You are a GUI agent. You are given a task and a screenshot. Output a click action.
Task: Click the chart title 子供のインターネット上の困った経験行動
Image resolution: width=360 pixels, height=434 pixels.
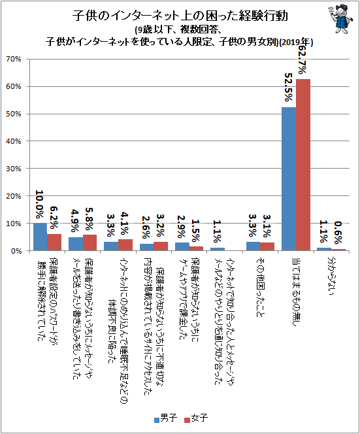pyautogui.click(x=180, y=16)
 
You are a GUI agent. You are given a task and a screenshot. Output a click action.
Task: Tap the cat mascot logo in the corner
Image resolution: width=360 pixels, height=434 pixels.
pyautogui.click(x=340, y=19)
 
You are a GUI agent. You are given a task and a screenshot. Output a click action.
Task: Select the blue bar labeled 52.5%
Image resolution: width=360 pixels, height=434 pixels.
pyautogui.click(x=289, y=179)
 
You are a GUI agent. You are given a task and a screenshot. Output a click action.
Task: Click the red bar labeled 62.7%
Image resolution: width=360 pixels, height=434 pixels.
pyautogui.click(x=303, y=165)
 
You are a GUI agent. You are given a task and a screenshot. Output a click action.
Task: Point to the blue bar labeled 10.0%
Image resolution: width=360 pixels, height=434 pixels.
pyautogui.click(x=40, y=237)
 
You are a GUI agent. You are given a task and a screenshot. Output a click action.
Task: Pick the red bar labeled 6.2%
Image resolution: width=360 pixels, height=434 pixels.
pyautogui.click(x=54, y=242)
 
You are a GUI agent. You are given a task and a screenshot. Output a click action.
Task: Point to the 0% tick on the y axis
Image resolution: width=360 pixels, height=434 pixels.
pyautogui.click(x=16, y=251)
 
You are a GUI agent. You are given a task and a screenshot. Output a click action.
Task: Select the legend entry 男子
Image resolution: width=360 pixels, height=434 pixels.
pyautogui.click(x=166, y=418)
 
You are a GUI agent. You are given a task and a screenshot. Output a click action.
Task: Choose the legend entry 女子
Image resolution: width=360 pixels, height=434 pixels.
pyautogui.click(x=196, y=418)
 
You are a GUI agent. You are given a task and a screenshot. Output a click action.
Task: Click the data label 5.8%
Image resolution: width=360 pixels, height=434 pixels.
pyautogui.click(x=90, y=219)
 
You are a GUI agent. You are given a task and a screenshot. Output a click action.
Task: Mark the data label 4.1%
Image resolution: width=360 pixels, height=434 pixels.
pyautogui.click(x=125, y=223)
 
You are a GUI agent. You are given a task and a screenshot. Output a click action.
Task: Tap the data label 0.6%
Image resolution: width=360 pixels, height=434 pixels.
pyautogui.click(x=338, y=233)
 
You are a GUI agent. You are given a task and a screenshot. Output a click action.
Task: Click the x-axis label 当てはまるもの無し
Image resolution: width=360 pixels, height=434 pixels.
pyautogui.click(x=297, y=292)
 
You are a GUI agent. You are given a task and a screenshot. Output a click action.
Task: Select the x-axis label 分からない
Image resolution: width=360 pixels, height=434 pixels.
pyautogui.click(x=331, y=276)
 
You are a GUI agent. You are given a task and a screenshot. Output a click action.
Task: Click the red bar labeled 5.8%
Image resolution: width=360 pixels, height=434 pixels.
pyautogui.click(x=90, y=242)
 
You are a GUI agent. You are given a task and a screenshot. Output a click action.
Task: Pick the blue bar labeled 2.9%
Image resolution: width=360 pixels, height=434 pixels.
pyautogui.click(x=182, y=246)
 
